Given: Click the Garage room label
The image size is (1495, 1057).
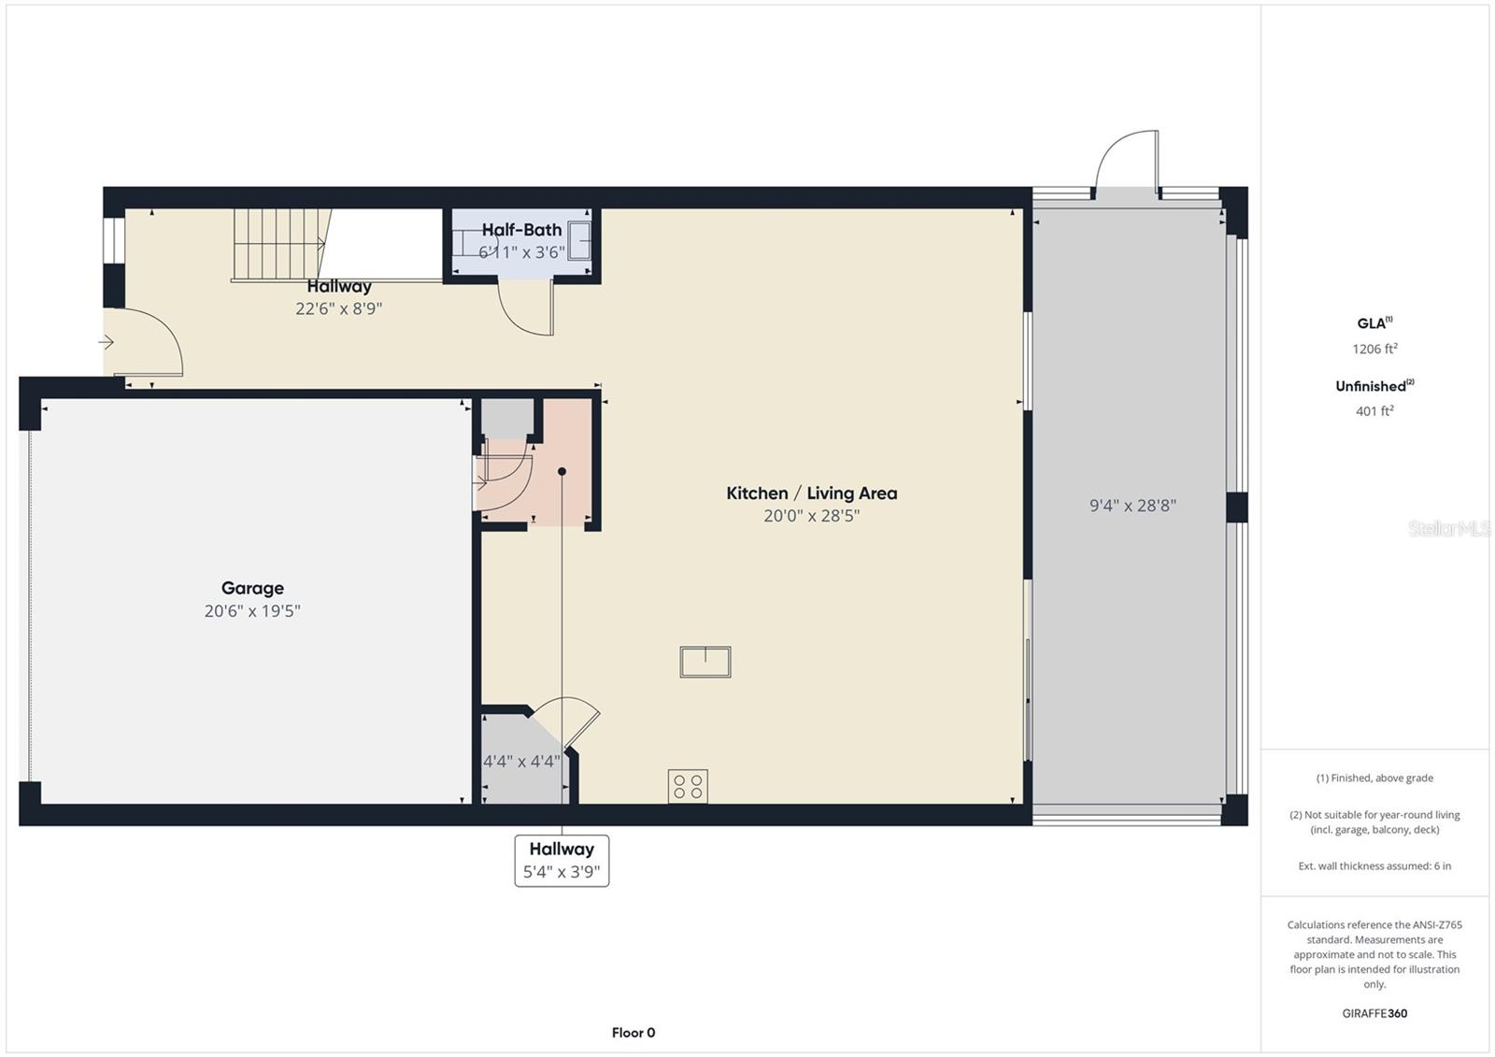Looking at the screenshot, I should (x=252, y=588).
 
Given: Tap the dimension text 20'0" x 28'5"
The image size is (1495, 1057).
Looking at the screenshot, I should (x=811, y=516).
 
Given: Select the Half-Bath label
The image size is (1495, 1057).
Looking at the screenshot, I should (x=521, y=230).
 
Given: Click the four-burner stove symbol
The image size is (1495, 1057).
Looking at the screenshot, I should (x=688, y=786).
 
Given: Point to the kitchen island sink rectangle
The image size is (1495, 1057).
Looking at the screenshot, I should (x=705, y=662).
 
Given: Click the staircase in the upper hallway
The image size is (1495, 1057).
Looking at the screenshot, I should (x=281, y=243).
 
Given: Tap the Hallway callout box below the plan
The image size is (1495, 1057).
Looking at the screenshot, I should (x=562, y=861).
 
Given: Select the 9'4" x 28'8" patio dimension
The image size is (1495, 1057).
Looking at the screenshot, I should (x=1132, y=506).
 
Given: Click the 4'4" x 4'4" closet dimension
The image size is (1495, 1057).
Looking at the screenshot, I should (x=521, y=761).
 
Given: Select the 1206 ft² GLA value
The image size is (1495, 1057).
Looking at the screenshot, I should (x=1374, y=350).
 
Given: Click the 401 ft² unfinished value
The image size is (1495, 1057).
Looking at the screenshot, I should (x=1374, y=411).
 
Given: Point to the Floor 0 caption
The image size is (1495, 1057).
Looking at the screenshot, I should (x=634, y=1033).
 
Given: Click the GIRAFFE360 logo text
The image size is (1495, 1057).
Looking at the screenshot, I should (x=1374, y=1013).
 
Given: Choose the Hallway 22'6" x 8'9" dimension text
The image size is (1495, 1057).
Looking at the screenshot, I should (x=339, y=308).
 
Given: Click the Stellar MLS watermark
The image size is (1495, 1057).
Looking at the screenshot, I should (x=1448, y=529).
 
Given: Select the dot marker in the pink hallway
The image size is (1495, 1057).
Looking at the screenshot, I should (x=562, y=471).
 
